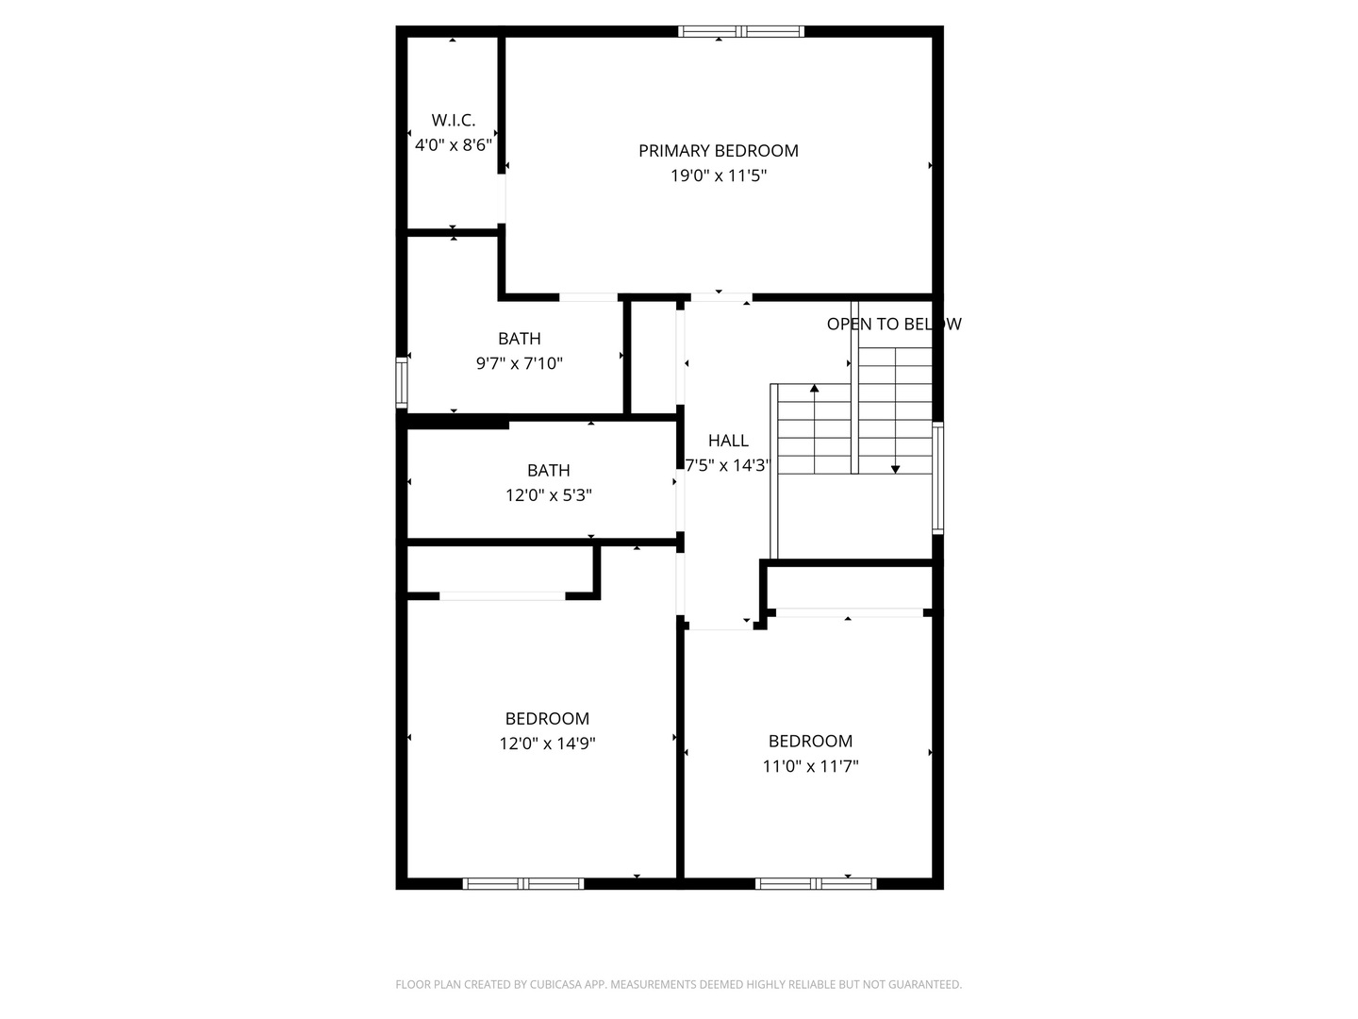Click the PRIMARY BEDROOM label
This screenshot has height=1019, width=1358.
coord(719,151)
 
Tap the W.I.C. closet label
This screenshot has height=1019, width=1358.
coord(454,120)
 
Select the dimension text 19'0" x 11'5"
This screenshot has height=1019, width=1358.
coord(719,175)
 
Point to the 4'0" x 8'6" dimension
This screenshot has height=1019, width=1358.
coord(454,145)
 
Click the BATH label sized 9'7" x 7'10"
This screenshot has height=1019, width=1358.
coord(519,339)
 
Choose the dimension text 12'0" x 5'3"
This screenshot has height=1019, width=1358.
coord(549,495)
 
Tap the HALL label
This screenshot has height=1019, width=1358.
coord(728,441)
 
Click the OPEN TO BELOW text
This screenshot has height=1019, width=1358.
coord(894,325)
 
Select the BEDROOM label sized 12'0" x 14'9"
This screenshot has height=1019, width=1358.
coord(547,719)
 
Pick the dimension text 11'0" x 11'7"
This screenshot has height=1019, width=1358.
coord(810,766)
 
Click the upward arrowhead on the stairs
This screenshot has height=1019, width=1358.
coord(814,388)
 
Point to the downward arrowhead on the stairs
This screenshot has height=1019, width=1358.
coord(895,470)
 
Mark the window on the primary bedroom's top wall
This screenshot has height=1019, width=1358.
coord(741,31)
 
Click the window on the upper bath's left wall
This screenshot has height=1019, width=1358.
coord(402,382)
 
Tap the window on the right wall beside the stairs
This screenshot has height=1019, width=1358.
coord(938,478)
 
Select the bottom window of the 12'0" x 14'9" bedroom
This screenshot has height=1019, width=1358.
coord(523,884)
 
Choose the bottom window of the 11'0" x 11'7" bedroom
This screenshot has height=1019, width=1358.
coord(816,884)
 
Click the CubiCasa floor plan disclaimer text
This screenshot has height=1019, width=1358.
coord(679,984)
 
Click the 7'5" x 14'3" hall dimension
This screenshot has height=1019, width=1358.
coord(727,465)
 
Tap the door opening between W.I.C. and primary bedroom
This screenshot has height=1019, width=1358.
coord(502,198)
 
